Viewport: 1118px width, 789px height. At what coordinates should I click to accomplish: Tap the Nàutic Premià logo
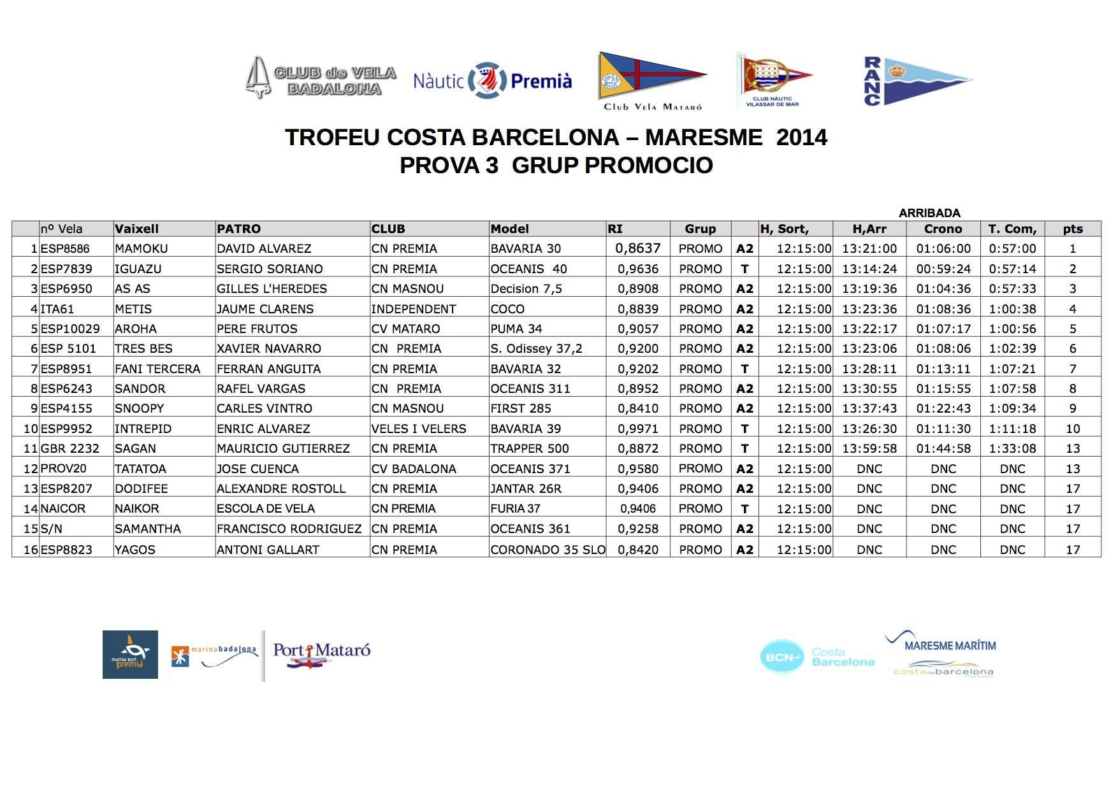pyautogui.click(x=492, y=81)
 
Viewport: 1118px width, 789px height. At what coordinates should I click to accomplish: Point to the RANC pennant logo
pyautogui.click(x=917, y=81)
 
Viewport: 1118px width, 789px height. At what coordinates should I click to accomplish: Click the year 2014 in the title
pyautogui.click(x=801, y=138)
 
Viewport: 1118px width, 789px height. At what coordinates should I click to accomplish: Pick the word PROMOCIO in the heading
pyautogui.click(x=648, y=166)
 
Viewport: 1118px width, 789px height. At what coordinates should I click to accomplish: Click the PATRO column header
pyautogui.click(x=239, y=229)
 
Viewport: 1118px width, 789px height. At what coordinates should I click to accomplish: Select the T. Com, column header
pyautogui.click(x=1012, y=229)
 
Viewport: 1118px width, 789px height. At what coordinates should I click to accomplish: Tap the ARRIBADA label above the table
pyautogui.click(x=929, y=213)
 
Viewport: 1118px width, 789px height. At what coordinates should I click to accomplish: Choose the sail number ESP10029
pyautogui.click(x=70, y=329)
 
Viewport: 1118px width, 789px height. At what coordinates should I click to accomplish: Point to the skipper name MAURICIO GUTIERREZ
pyautogui.click(x=283, y=448)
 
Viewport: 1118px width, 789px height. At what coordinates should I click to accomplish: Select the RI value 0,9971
pyautogui.click(x=638, y=429)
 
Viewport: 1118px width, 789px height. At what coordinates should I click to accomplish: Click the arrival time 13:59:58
pyautogui.click(x=869, y=448)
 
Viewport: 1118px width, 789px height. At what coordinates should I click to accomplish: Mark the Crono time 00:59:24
pyautogui.click(x=943, y=269)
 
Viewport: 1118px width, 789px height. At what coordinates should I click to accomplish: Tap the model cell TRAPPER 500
pyautogui.click(x=529, y=448)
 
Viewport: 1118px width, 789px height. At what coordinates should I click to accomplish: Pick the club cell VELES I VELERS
pyautogui.click(x=419, y=429)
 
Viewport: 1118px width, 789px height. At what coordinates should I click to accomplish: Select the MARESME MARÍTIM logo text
pyautogui.click(x=950, y=646)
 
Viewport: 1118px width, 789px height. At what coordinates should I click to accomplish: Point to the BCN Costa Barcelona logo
pyautogui.click(x=817, y=657)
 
